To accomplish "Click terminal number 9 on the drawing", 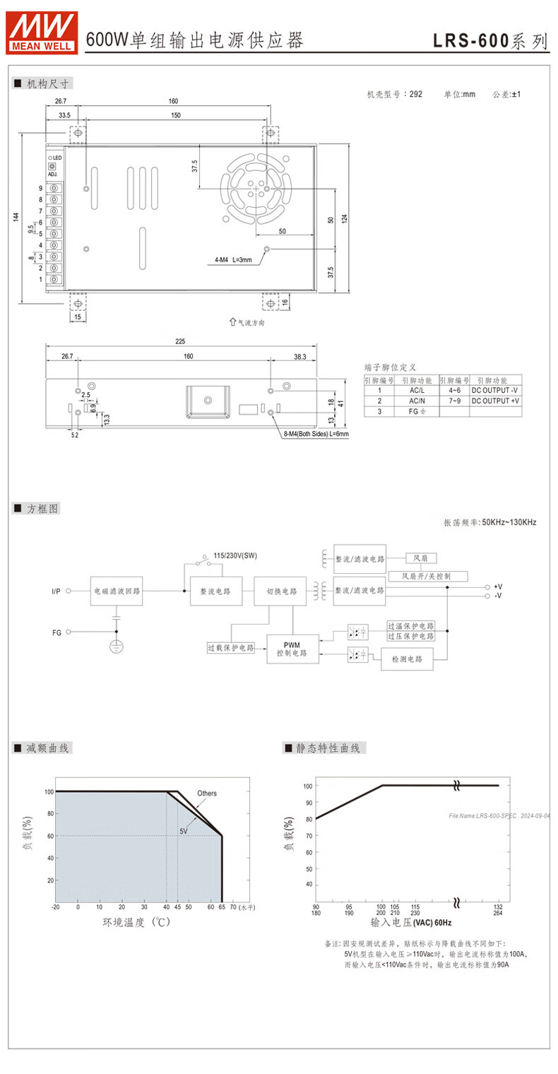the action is click(41, 188).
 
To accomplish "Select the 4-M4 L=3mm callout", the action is click(232, 260).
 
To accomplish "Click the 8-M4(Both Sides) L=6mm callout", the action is click(316, 434).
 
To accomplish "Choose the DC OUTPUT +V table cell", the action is click(495, 401).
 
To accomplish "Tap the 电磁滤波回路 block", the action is click(118, 591).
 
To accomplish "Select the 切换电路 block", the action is click(281, 591).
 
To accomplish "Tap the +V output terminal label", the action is click(498, 586).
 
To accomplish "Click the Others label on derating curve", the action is click(207, 793).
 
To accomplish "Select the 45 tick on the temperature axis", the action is click(177, 907).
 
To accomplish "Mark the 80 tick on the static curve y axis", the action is click(307, 819).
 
